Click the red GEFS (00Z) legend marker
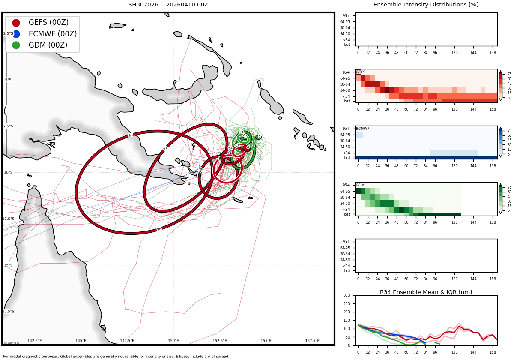pyautogui.click(x=16, y=23)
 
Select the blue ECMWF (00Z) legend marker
pyautogui.click(x=16, y=34)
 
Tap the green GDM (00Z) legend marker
pyautogui.click(x=16, y=45)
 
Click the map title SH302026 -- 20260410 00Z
pyautogui.click(x=168, y=5)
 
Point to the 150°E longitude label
pyautogui.click(x=173, y=341)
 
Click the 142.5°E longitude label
pyautogui.click(x=35, y=341)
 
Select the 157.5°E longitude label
pyautogui.click(x=312, y=341)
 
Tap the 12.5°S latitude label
pyautogui.click(x=9, y=219)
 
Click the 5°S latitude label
pyautogui.click(x=8, y=80)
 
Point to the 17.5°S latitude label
pyautogui.click(x=9, y=312)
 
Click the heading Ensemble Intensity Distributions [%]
pyautogui.click(x=426, y=5)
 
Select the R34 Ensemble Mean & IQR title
pyautogui.click(x=426, y=292)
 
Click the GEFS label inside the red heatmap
pyautogui.click(x=360, y=72)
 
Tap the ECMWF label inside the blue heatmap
pyautogui.click(x=362, y=129)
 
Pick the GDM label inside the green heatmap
pyautogui.click(x=360, y=185)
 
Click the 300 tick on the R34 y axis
pyautogui.click(x=347, y=295)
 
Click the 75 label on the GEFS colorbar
pyautogui.click(x=509, y=74)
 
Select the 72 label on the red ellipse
pyautogui.click(x=165, y=148)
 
